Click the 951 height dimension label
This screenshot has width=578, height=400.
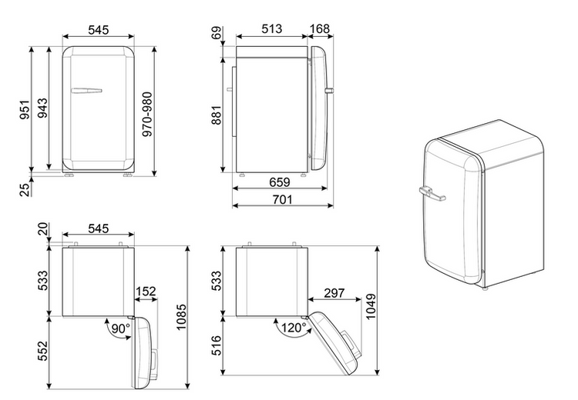pos(25,109)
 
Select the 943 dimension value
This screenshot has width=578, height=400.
pos(42,108)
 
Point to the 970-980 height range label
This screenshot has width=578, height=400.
pos(147,115)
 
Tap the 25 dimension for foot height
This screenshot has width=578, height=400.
pos(25,189)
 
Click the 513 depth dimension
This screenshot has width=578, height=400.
pos(272,28)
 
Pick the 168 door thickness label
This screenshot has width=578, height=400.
pos(320,28)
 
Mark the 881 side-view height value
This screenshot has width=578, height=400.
pos(217,115)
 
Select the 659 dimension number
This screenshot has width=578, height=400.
pos(280,182)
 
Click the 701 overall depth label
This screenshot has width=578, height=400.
pos(282,199)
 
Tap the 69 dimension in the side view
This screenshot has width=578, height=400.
pos(217,32)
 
